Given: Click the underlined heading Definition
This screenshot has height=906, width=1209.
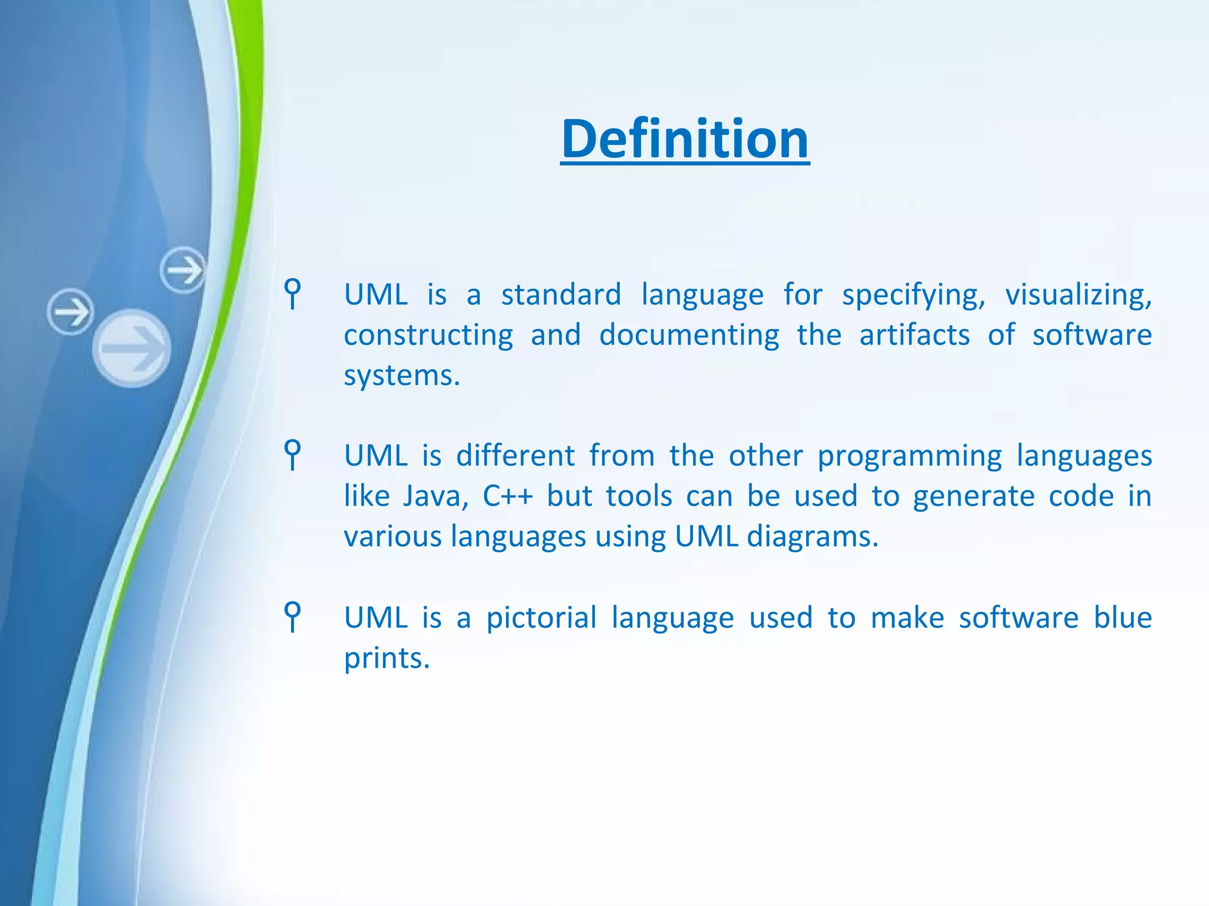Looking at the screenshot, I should tap(685, 139).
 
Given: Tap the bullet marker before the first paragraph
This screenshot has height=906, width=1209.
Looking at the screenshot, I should tap(292, 293).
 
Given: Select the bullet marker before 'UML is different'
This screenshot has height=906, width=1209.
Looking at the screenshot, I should tap(292, 454).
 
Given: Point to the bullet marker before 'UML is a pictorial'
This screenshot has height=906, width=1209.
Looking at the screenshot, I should tap(292, 616).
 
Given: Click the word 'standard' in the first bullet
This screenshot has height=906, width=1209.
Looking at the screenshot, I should tap(561, 294).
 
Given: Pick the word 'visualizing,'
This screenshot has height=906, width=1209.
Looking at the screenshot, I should tap(1078, 294).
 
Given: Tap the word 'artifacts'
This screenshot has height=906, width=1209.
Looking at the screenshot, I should tap(914, 335).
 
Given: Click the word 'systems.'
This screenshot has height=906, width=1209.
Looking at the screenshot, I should tap(401, 376).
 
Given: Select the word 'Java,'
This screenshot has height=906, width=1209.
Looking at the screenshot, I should tap(436, 496).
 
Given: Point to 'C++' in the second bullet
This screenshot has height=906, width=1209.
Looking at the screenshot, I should tap(508, 496).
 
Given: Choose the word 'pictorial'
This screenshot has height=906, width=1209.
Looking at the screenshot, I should tap(541, 618).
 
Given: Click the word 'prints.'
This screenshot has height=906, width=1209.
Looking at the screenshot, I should tap(387, 658).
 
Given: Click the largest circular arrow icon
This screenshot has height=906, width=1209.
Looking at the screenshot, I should tap(132, 348).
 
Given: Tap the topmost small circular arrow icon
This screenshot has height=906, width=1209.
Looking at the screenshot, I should tap(183, 270).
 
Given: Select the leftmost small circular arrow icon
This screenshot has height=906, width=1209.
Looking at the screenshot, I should tap(70, 311).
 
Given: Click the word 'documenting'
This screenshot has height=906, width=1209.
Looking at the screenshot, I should tap(689, 335).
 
